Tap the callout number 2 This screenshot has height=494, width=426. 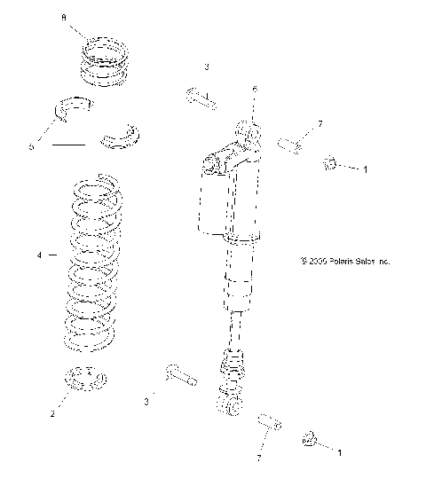click(52, 413)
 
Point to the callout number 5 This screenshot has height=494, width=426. click(32, 147)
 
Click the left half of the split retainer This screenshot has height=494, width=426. click(75, 106)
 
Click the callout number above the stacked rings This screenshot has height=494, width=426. click(62, 17)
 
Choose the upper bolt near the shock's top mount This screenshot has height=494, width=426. click(201, 97)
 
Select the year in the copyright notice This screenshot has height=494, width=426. click(316, 262)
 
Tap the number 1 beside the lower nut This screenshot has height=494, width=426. click(339, 452)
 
